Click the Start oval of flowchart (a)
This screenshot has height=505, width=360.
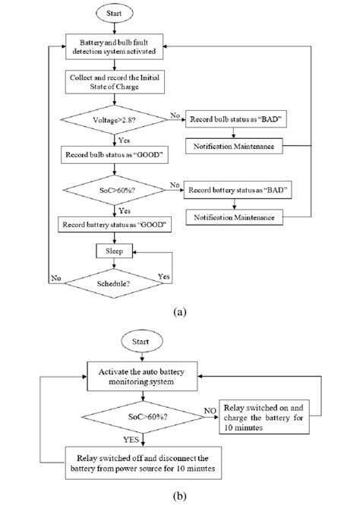pos(113,13)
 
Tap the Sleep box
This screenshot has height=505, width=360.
pos(113,250)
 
